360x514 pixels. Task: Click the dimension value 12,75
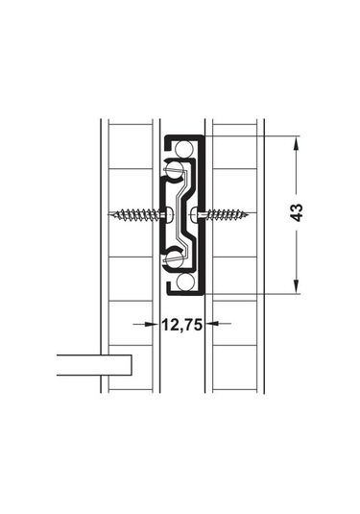tap(180, 325)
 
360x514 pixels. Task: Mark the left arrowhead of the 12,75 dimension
tap(154, 325)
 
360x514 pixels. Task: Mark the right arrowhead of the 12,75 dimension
tap(208, 325)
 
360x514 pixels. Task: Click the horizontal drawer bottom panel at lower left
tap(92, 365)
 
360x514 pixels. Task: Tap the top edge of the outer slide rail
tap(183, 136)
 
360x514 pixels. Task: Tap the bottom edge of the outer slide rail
tap(183, 290)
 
